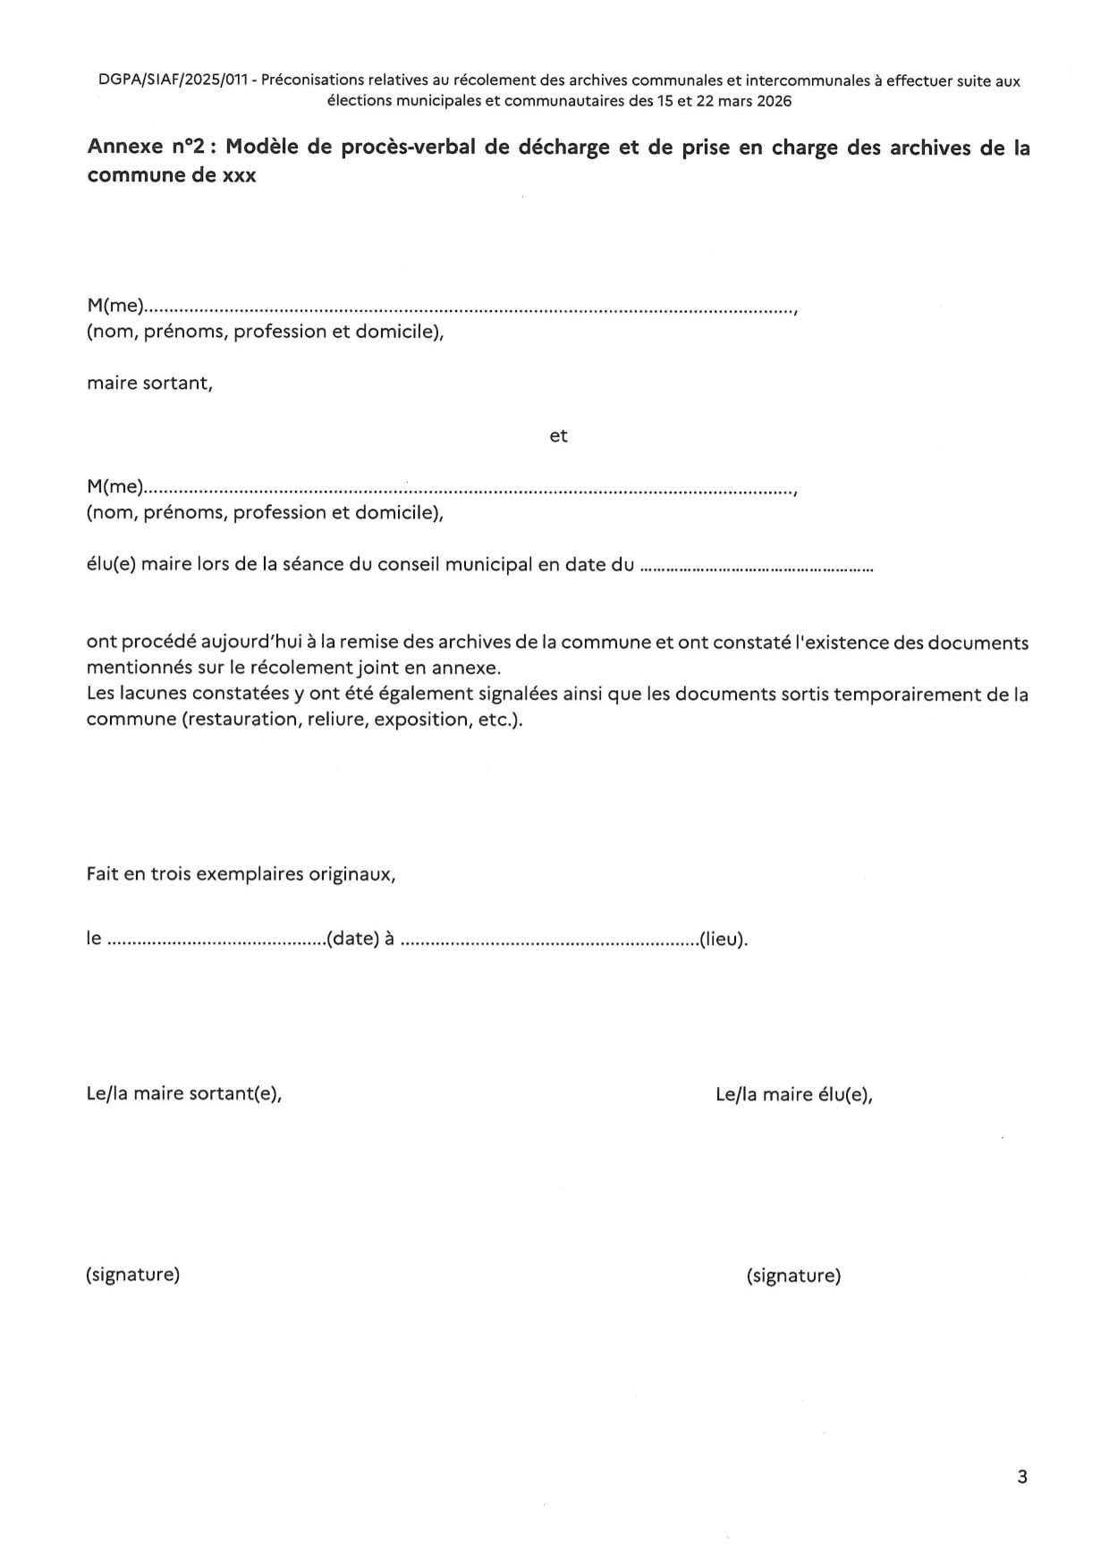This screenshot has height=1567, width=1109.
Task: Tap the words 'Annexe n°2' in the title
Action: (x=147, y=148)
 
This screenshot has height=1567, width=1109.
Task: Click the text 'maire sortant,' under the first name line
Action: (x=149, y=384)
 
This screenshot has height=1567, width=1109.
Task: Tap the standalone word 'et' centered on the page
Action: (x=558, y=436)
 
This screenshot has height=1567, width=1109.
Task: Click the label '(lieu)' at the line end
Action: (x=723, y=939)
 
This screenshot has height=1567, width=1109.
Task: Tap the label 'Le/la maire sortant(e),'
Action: (x=183, y=1094)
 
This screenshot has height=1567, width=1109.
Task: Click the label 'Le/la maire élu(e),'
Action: (x=793, y=1095)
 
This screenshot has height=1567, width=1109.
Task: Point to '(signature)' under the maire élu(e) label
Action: (x=793, y=1276)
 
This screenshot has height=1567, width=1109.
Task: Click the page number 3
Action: (x=1022, y=1477)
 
